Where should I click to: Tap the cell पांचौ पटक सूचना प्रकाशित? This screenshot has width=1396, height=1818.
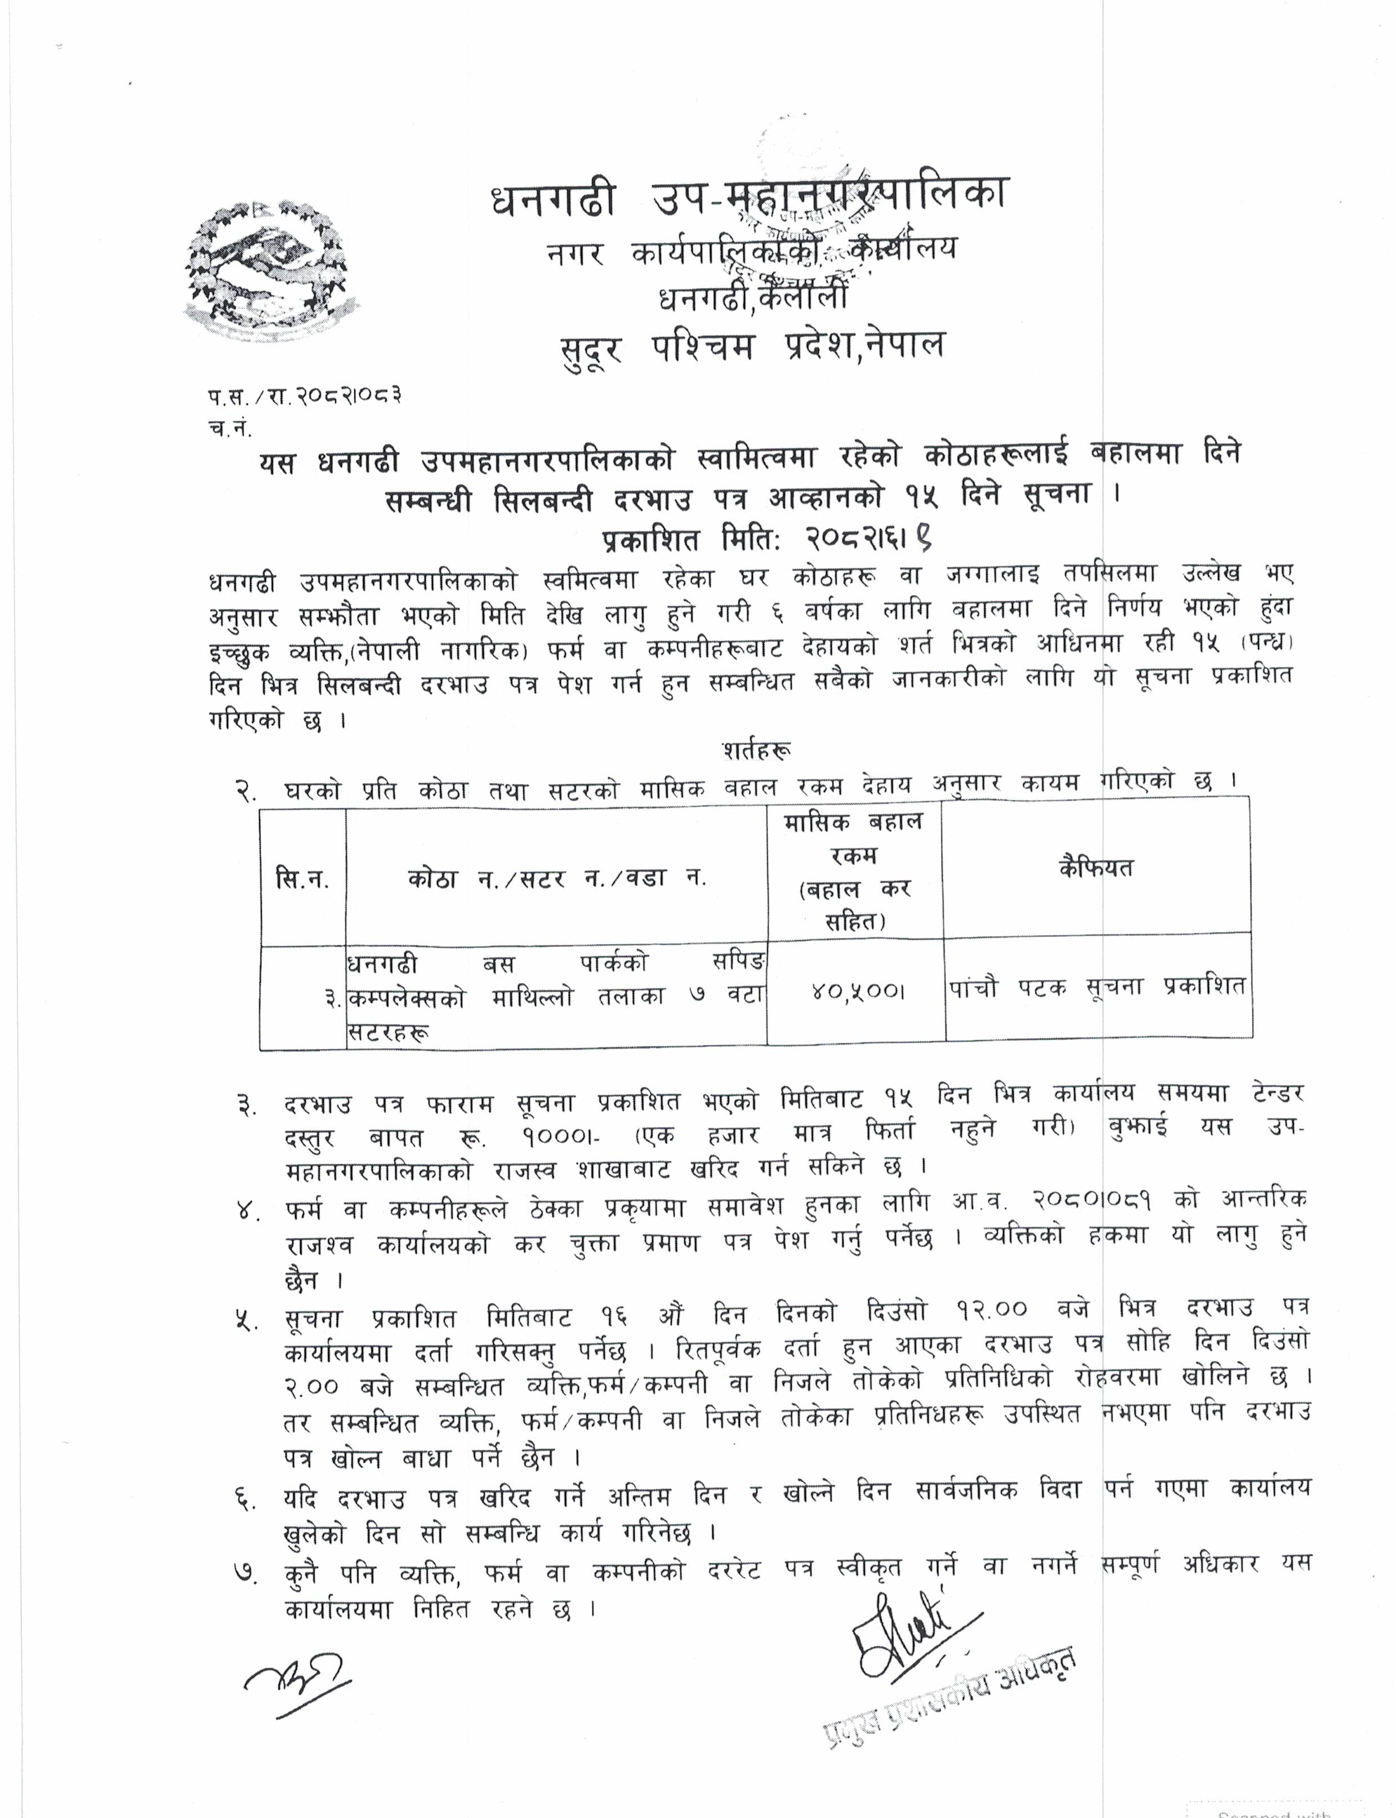(1097, 986)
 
